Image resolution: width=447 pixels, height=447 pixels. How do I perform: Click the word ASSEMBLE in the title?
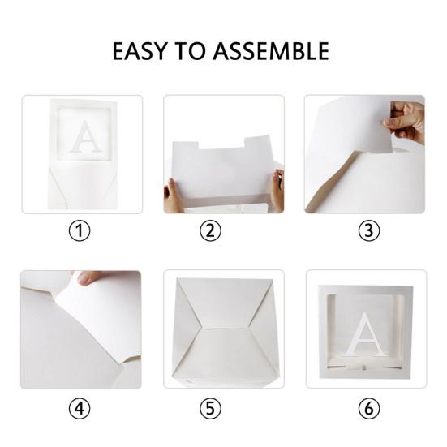272,50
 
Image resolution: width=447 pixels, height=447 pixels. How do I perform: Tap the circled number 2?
209,230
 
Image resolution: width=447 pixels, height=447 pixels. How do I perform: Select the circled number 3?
368,230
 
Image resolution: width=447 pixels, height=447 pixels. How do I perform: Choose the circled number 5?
209,408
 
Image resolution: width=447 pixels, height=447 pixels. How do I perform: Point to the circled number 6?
368,408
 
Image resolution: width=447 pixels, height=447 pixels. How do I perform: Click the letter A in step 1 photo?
86,138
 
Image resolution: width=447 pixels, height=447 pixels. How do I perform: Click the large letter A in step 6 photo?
366,334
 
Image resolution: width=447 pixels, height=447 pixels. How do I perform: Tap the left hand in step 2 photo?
172,195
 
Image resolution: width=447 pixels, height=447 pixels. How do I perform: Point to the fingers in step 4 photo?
91,277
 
